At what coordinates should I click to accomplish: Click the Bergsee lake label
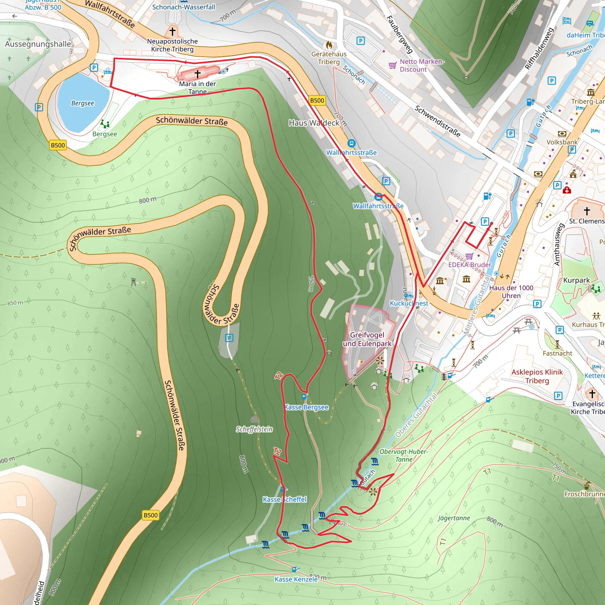[x=82, y=103]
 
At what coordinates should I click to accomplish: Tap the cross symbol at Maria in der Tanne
[x=198, y=74]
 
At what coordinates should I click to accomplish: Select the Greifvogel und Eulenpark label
[x=367, y=339]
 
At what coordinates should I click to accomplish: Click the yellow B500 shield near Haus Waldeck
[x=317, y=100]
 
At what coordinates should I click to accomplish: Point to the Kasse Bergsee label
[x=307, y=407]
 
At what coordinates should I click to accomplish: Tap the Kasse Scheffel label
[x=284, y=499]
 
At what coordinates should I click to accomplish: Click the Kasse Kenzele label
[x=296, y=579]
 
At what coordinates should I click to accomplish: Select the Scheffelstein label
[x=254, y=429]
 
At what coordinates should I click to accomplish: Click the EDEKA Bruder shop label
[x=470, y=265]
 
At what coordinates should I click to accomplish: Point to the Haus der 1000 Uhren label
[x=511, y=292]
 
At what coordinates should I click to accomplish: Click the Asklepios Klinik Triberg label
[x=537, y=376]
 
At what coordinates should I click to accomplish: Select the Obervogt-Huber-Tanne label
[x=403, y=455]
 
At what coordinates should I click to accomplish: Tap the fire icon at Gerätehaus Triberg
[x=329, y=45]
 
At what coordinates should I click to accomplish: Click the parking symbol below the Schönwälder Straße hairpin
[x=229, y=338]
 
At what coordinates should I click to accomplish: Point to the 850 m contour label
[x=15, y=303]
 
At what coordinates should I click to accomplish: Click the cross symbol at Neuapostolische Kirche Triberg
[x=172, y=31]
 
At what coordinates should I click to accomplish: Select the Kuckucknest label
[x=409, y=303]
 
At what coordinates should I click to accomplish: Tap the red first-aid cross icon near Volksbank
[x=567, y=190]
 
